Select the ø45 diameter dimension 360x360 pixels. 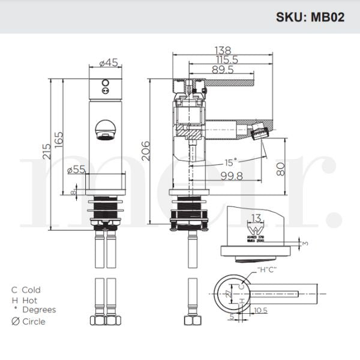(108, 61)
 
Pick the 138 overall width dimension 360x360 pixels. (223, 50)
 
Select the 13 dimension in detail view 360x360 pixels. (257, 218)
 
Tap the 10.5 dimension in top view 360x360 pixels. (260, 310)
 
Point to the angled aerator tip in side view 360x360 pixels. (260, 130)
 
